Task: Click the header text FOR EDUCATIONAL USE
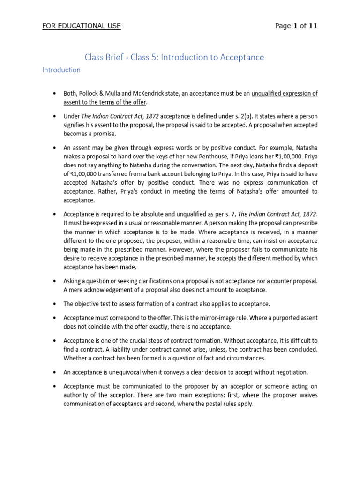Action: [82, 26]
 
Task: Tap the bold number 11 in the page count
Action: [313, 26]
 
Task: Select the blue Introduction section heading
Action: [61, 70]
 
